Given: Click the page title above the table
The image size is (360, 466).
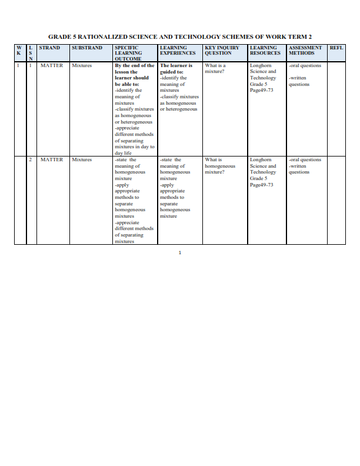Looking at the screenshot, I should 180,36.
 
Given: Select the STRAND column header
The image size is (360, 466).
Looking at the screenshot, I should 49,48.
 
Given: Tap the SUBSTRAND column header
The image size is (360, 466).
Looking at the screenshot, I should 87,48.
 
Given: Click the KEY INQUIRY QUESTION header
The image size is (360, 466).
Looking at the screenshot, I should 222,50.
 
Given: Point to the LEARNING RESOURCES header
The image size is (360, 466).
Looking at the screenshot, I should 265,50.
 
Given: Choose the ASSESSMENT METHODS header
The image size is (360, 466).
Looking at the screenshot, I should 305,50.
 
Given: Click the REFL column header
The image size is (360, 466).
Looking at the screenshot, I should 336,48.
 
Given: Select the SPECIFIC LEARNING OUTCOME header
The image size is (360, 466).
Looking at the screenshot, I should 128,53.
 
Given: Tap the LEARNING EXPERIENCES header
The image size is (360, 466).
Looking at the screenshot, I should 178,50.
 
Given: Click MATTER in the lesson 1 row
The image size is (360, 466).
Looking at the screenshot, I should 52,66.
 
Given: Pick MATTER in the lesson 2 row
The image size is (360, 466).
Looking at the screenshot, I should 52,159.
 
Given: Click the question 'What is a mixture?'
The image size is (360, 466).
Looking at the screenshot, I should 215,69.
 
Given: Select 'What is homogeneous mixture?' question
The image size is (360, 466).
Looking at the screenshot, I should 220,166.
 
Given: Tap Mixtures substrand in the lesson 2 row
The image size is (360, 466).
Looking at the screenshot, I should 82,159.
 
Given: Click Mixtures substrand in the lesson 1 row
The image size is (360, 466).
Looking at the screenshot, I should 82,66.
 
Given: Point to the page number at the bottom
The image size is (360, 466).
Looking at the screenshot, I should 180,253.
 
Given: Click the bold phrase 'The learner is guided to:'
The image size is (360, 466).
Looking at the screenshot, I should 176,69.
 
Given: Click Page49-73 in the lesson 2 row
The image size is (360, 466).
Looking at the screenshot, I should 261,185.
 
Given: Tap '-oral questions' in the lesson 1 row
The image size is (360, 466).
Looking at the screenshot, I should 305,66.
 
